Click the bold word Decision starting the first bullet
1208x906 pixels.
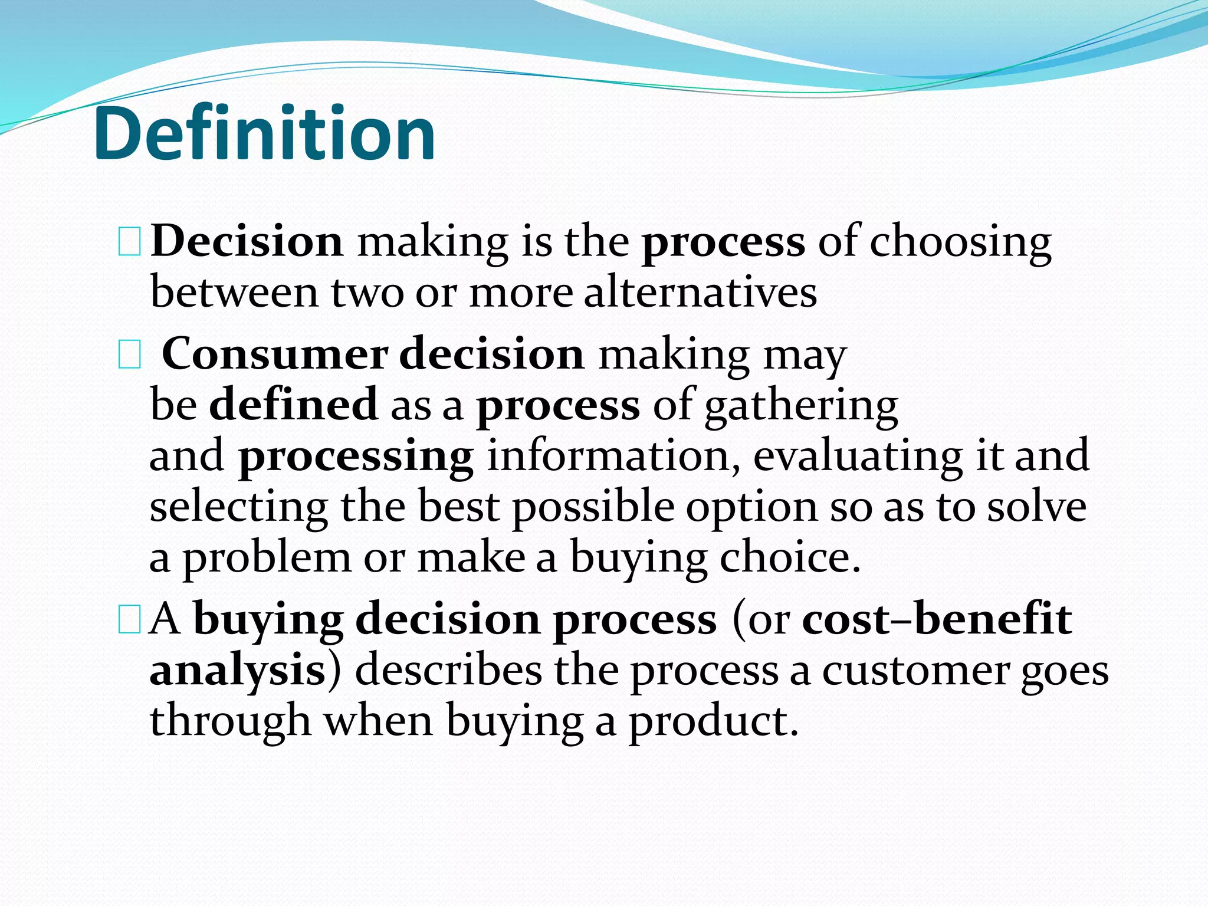(x=247, y=242)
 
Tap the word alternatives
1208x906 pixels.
(x=700, y=293)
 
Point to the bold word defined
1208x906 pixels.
(x=293, y=405)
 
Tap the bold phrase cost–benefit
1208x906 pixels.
(x=937, y=619)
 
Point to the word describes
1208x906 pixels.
(x=448, y=670)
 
